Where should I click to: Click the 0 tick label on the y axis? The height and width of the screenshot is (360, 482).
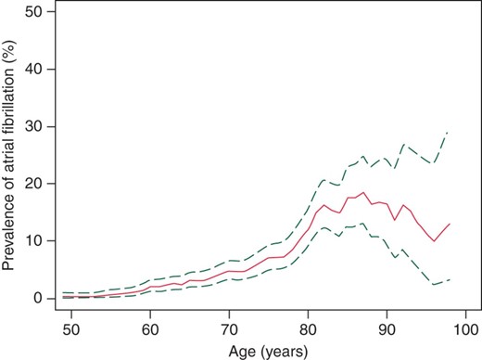coord(36,298)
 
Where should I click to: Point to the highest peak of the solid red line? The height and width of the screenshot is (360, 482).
coord(362,193)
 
